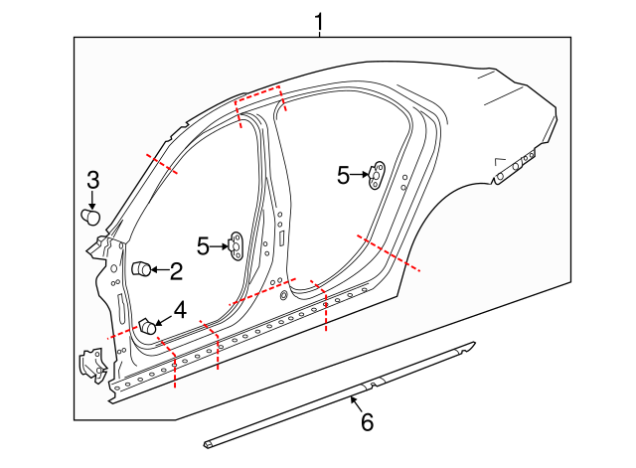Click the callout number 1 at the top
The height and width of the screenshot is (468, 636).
pyautogui.click(x=319, y=20)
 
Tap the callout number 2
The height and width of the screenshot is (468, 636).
pyautogui.click(x=176, y=269)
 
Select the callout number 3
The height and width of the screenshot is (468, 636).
pyautogui.click(x=92, y=181)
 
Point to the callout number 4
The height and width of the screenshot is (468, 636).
pyautogui.click(x=180, y=310)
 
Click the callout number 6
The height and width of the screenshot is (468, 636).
pyautogui.click(x=367, y=422)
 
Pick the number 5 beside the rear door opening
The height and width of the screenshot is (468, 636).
pyautogui.click(x=344, y=176)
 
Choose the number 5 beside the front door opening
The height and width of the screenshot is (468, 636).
pyautogui.click(x=204, y=244)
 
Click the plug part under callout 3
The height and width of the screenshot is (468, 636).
pyautogui.click(x=89, y=215)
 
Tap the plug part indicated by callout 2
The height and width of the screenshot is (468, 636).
pyautogui.click(x=141, y=268)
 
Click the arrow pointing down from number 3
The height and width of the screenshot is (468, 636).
pyautogui.click(x=92, y=200)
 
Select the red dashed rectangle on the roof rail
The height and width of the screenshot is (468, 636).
pyautogui.click(x=258, y=96)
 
